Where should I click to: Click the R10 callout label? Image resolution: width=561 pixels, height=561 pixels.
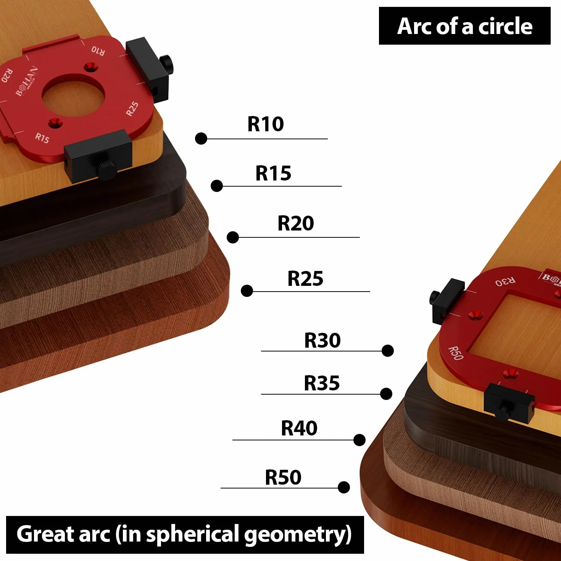point(266,124)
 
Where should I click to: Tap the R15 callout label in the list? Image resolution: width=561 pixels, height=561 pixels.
point(273,173)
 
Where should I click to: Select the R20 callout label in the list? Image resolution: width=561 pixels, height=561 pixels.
point(295,223)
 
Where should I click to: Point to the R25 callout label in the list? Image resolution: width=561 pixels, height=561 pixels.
point(305,279)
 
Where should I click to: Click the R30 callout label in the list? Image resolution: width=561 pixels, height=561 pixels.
point(322,340)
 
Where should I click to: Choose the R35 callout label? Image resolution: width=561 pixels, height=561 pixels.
point(322,383)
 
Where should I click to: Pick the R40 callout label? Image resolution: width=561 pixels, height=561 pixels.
point(299,428)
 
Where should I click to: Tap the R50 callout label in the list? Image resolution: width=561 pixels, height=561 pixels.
point(283,477)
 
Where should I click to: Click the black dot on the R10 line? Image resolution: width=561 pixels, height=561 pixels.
point(201,139)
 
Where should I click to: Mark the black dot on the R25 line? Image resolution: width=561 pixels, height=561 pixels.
point(247,291)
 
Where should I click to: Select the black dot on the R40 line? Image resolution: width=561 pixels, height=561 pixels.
point(359,440)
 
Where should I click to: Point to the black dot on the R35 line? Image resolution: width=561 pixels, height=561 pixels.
point(386,394)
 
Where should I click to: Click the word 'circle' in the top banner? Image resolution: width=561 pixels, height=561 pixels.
point(505,26)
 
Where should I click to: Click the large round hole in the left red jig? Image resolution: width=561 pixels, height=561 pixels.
point(73,95)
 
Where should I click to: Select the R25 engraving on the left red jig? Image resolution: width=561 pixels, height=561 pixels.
point(132,109)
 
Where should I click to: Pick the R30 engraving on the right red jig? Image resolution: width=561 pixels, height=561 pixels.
point(505,281)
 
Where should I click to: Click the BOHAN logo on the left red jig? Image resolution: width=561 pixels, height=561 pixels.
point(26,81)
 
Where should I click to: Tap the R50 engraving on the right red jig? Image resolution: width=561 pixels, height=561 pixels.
point(456,353)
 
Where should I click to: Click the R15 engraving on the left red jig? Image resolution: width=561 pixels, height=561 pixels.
point(42,138)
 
